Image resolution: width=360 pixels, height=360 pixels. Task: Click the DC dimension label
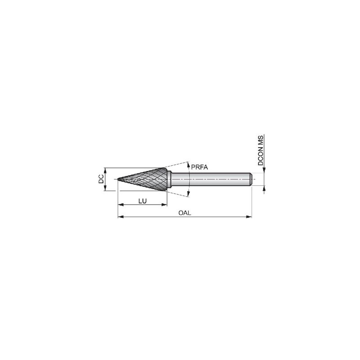(x=101, y=179)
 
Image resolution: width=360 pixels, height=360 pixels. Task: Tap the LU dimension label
(x=143, y=201)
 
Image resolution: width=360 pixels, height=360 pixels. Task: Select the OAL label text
(x=184, y=213)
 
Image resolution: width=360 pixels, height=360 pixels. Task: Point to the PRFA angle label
(x=199, y=167)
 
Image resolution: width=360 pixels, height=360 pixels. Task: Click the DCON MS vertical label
(x=261, y=150)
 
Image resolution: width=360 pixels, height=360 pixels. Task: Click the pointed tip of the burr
(x=118, y=179)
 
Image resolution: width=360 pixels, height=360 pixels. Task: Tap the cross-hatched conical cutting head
(x=144, y=179)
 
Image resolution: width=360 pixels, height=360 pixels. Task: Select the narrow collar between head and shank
(x=169, y=179)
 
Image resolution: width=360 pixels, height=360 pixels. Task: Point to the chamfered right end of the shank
(x=251, y=179)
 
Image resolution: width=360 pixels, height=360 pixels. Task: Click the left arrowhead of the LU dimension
(x=120, y=205)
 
